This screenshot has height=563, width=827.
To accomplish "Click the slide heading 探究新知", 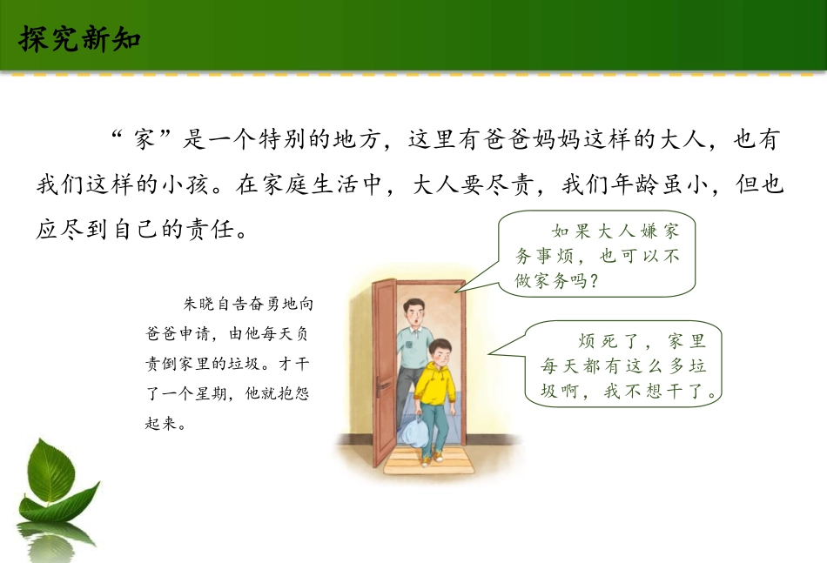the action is (x=79, y=38).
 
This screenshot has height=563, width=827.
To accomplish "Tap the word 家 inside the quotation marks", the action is (x=145, y=140).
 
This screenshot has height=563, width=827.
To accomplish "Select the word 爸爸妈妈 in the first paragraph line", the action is (x=532, y=140).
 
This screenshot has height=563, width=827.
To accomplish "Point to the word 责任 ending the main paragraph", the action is (x=210, y=230).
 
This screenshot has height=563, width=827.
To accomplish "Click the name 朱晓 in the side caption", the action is (x=199, y=305).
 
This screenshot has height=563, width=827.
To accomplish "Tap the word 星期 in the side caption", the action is (x=211, y=394).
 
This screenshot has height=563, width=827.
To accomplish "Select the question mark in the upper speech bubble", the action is (x=595, y=281).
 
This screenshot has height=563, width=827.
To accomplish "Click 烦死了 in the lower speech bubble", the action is (x=608, y=341).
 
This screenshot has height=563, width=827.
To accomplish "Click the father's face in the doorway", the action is (x=413, y=313).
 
